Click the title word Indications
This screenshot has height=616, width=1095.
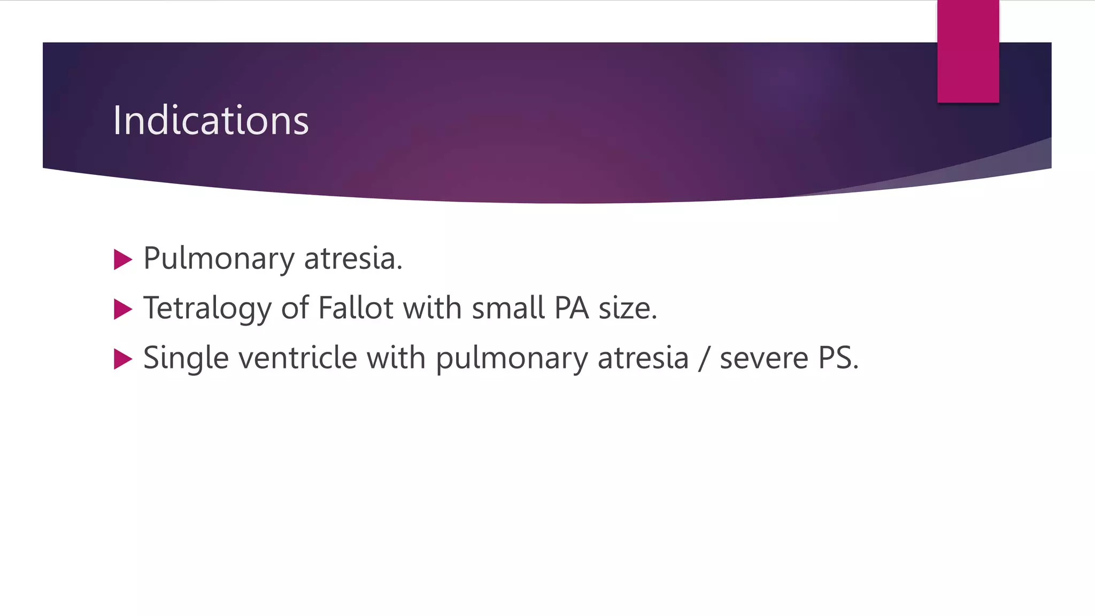click(211, 120)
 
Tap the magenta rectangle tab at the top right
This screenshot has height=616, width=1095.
click(968, 51)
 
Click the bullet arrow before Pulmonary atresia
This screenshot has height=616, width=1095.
click(123, 260)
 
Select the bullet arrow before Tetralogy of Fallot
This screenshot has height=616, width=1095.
click(123, 309)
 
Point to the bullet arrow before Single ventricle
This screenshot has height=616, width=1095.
click(123, 359)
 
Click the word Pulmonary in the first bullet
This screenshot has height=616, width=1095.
click(219, 259)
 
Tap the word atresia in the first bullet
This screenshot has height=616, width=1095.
click(353, 258)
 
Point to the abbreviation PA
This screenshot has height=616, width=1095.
click(571, 308)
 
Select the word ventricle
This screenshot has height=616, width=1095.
click(297, 357)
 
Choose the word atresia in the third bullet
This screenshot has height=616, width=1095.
click(643, 357)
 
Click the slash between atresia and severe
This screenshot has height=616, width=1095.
click(704, 358)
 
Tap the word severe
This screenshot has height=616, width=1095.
click(764, 358)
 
